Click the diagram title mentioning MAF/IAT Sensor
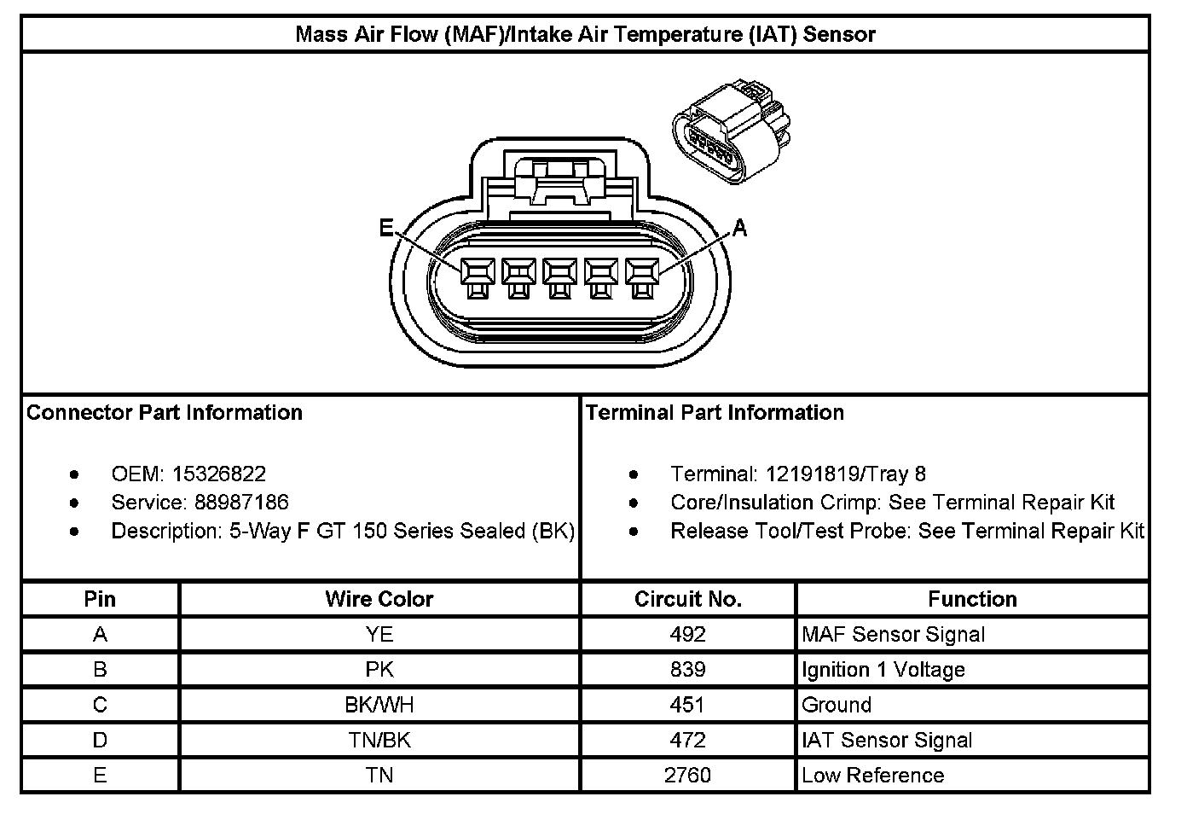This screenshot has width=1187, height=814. click(585, 34)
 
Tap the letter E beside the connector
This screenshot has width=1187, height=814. click(386, 228)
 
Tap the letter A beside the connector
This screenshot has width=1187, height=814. click(739, 228)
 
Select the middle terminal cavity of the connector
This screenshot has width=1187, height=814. click(559, 273)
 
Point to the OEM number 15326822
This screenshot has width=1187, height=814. click(219, 474)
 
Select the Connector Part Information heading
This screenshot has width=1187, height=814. click(165, 412)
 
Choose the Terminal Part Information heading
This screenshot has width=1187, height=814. click(715, 412)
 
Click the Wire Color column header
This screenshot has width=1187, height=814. click(379, 599)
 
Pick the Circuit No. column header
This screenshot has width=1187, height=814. click(688, 599)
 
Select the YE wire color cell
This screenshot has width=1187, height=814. click(379, 634)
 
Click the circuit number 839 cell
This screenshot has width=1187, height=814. click(688, 669)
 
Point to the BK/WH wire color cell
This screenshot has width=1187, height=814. click(379, 705)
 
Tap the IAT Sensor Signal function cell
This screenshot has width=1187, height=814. click(887, 740)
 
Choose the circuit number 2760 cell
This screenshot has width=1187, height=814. click(688, 775)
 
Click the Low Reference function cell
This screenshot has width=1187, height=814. click(873, 775)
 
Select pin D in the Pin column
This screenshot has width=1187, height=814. click(100, 740)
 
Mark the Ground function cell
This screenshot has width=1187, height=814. click(837, 705)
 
